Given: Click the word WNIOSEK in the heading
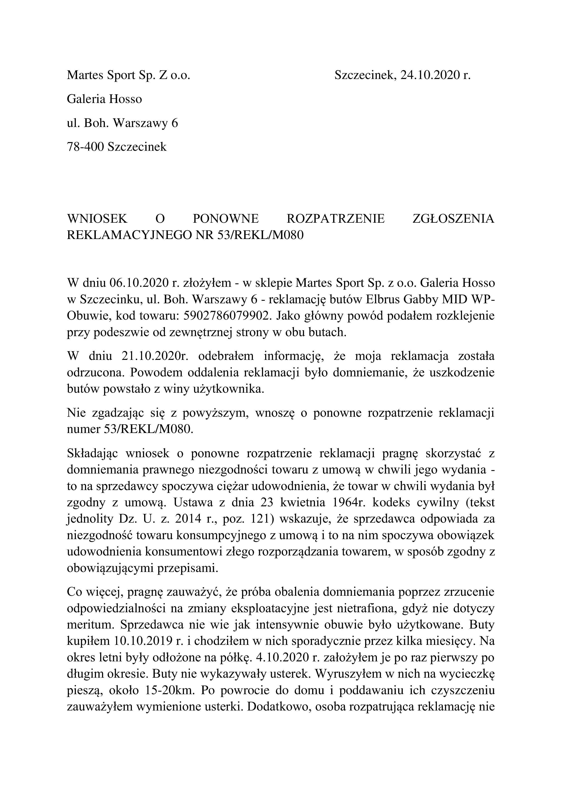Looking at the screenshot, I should pyautogui.click(x=97, y=219).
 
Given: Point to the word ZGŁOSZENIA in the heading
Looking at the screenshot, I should pyautogui.click(x=454, y=219).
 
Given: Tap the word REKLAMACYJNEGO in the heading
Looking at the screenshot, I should pyautogui.click(x=128, y=235).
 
